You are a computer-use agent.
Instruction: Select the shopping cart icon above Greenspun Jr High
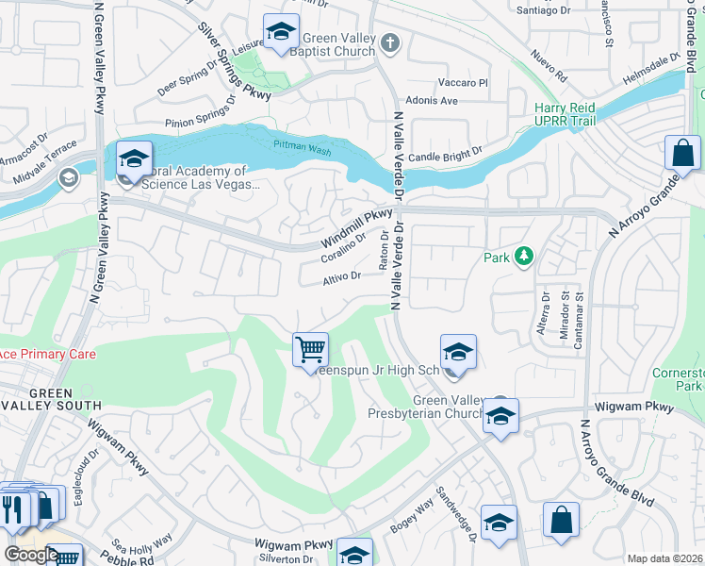tap(310, 350)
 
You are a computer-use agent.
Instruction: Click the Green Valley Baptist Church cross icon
tap(391, 42)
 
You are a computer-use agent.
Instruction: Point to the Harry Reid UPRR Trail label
tap(568, 116)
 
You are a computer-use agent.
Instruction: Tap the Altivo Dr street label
tap(342, 276)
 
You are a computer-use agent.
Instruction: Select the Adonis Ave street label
tap(431, 100)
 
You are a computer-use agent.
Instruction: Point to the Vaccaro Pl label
tap(467, 83)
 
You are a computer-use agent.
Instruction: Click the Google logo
tap(31, 555)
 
